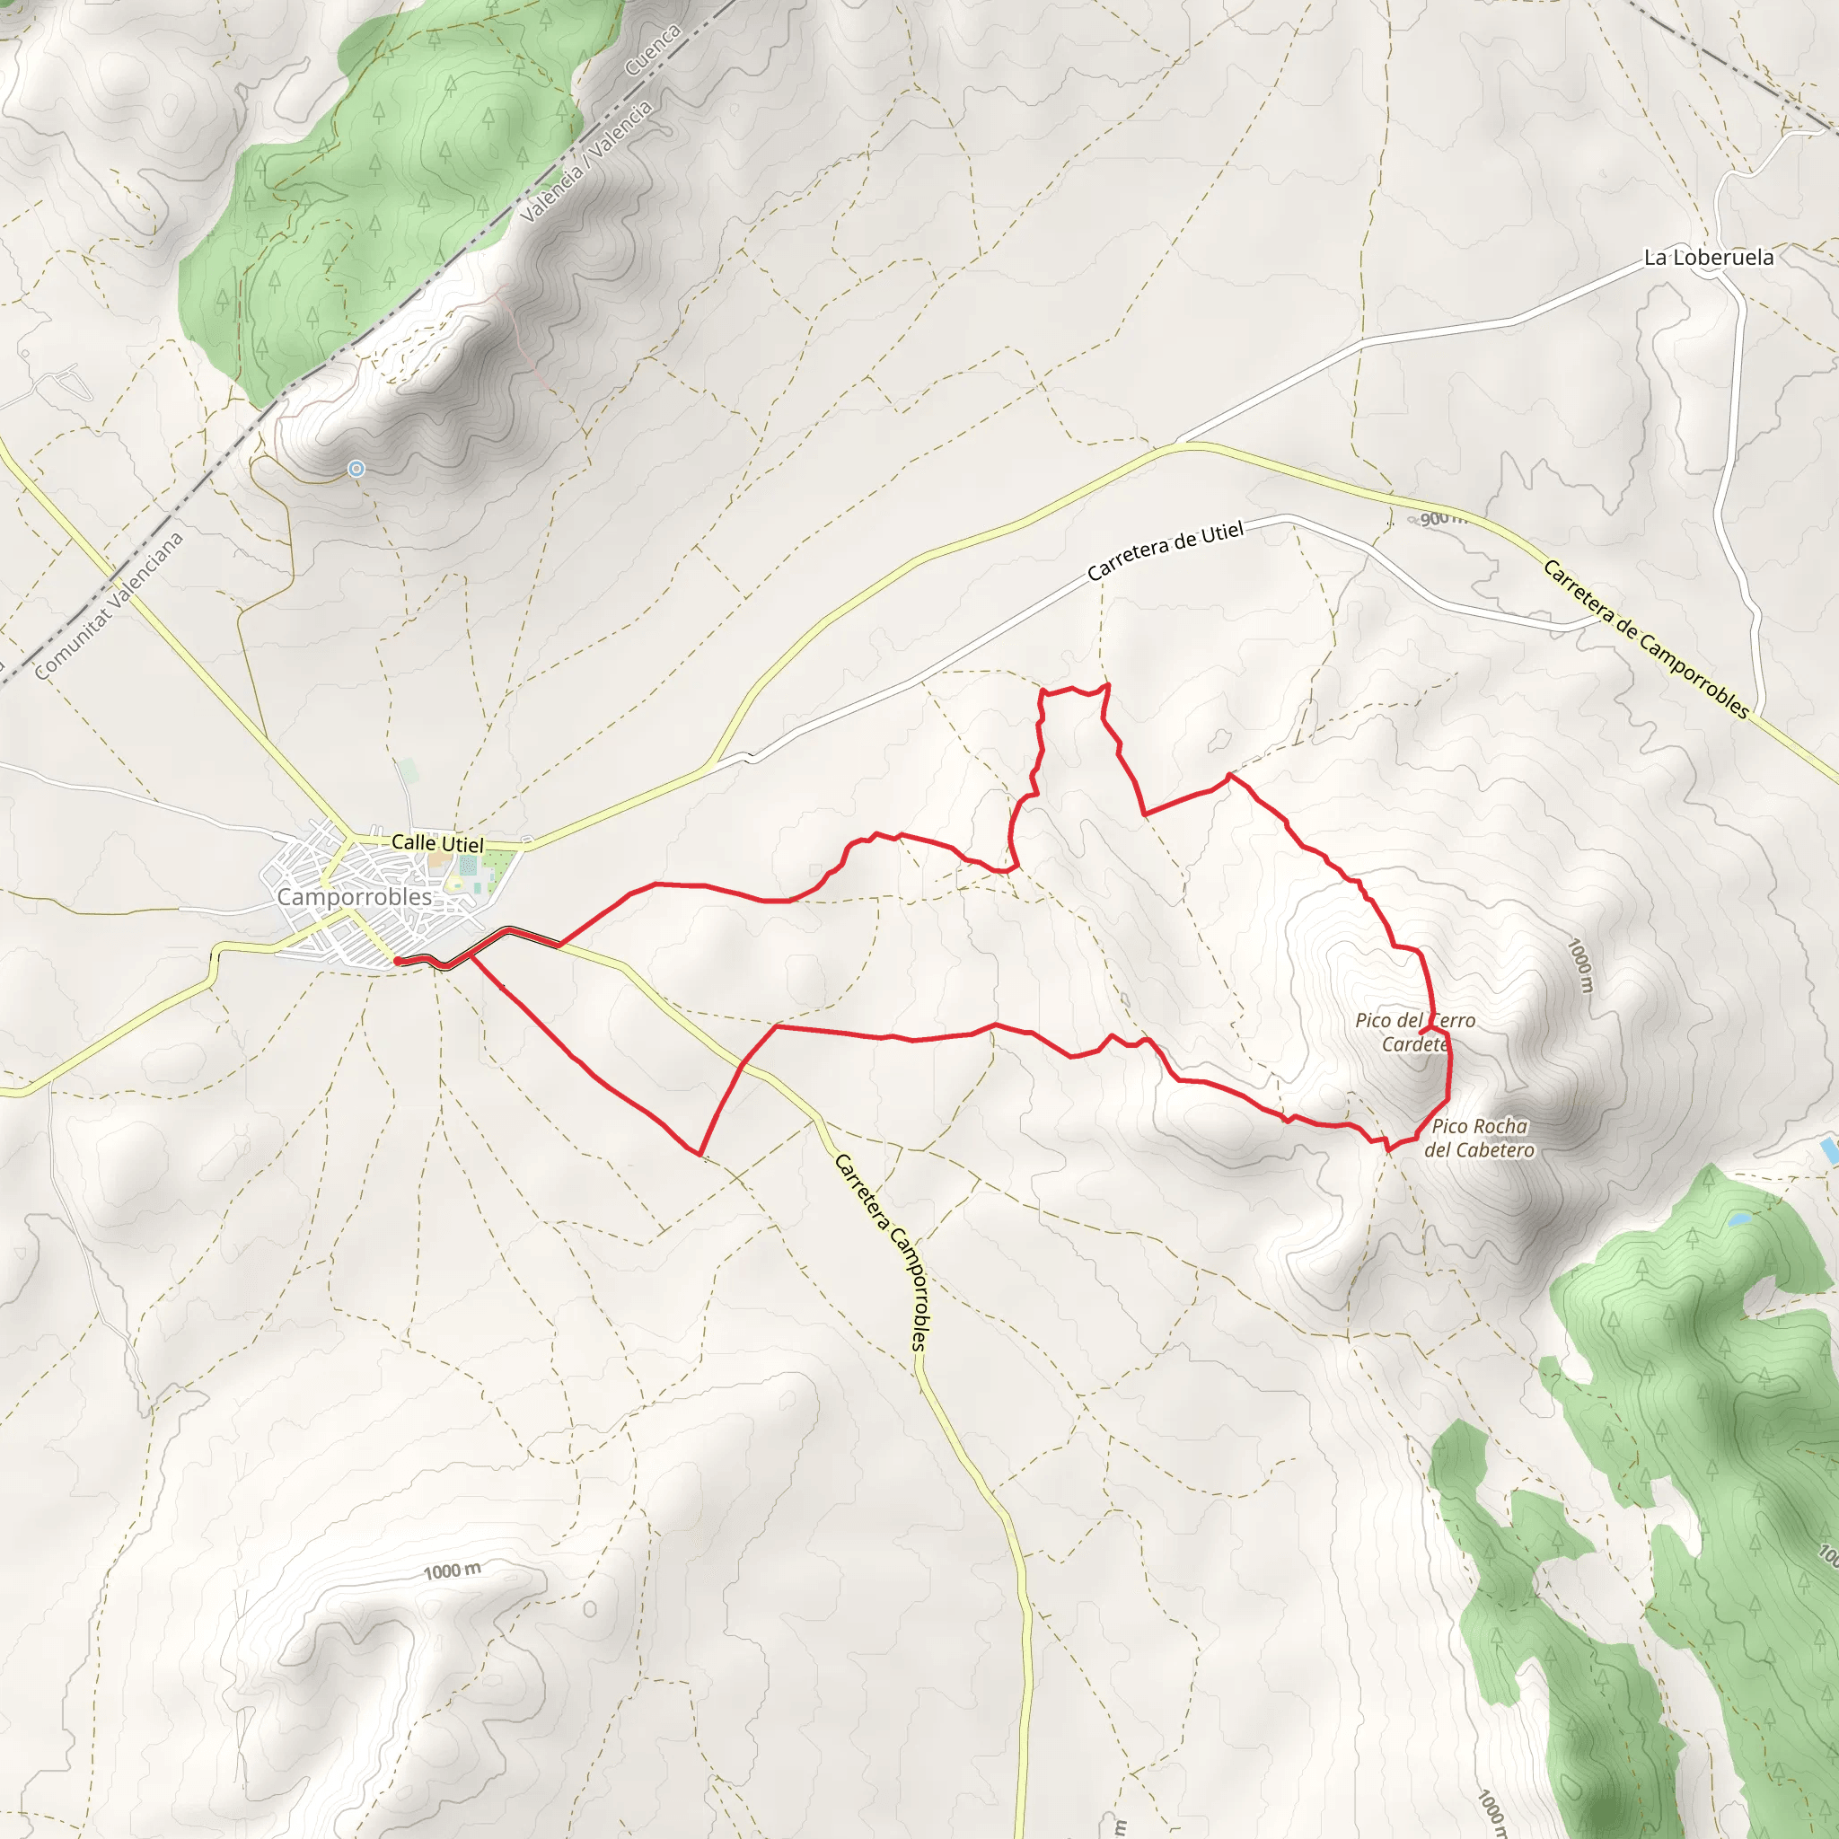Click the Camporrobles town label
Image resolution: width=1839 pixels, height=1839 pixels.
tap(354, 897)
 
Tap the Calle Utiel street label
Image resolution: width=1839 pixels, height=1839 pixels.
tap(438, 843)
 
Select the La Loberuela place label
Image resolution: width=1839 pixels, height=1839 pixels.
tap(1709, 257)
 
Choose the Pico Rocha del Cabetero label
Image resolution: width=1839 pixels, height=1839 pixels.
tap(1479, 1139)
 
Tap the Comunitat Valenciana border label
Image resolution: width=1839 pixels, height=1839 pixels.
tap(109, 607)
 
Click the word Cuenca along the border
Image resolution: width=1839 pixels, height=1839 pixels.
tap(653, 49)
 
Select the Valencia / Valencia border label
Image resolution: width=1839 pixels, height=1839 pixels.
tap(586, 161)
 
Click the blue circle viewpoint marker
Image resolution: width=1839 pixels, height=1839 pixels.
tap(356, 469)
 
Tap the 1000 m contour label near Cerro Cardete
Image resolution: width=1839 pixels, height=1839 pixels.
tap(1579, 965)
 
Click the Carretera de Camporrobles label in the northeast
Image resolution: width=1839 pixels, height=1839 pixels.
tap(1645, 638)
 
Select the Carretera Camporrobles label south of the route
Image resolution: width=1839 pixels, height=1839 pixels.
tap(884, 1252)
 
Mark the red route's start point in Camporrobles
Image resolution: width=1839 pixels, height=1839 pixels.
tap(396, 963)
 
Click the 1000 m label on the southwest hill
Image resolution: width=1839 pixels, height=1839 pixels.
tap(453, 1571)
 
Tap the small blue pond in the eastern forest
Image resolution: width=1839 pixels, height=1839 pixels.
tap(1738, 1219)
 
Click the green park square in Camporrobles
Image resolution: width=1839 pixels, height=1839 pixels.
tap(500, 867)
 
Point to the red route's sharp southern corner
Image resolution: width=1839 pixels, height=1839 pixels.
tap(700, 1155)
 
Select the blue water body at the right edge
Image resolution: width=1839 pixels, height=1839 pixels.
tap(1828, 1151)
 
